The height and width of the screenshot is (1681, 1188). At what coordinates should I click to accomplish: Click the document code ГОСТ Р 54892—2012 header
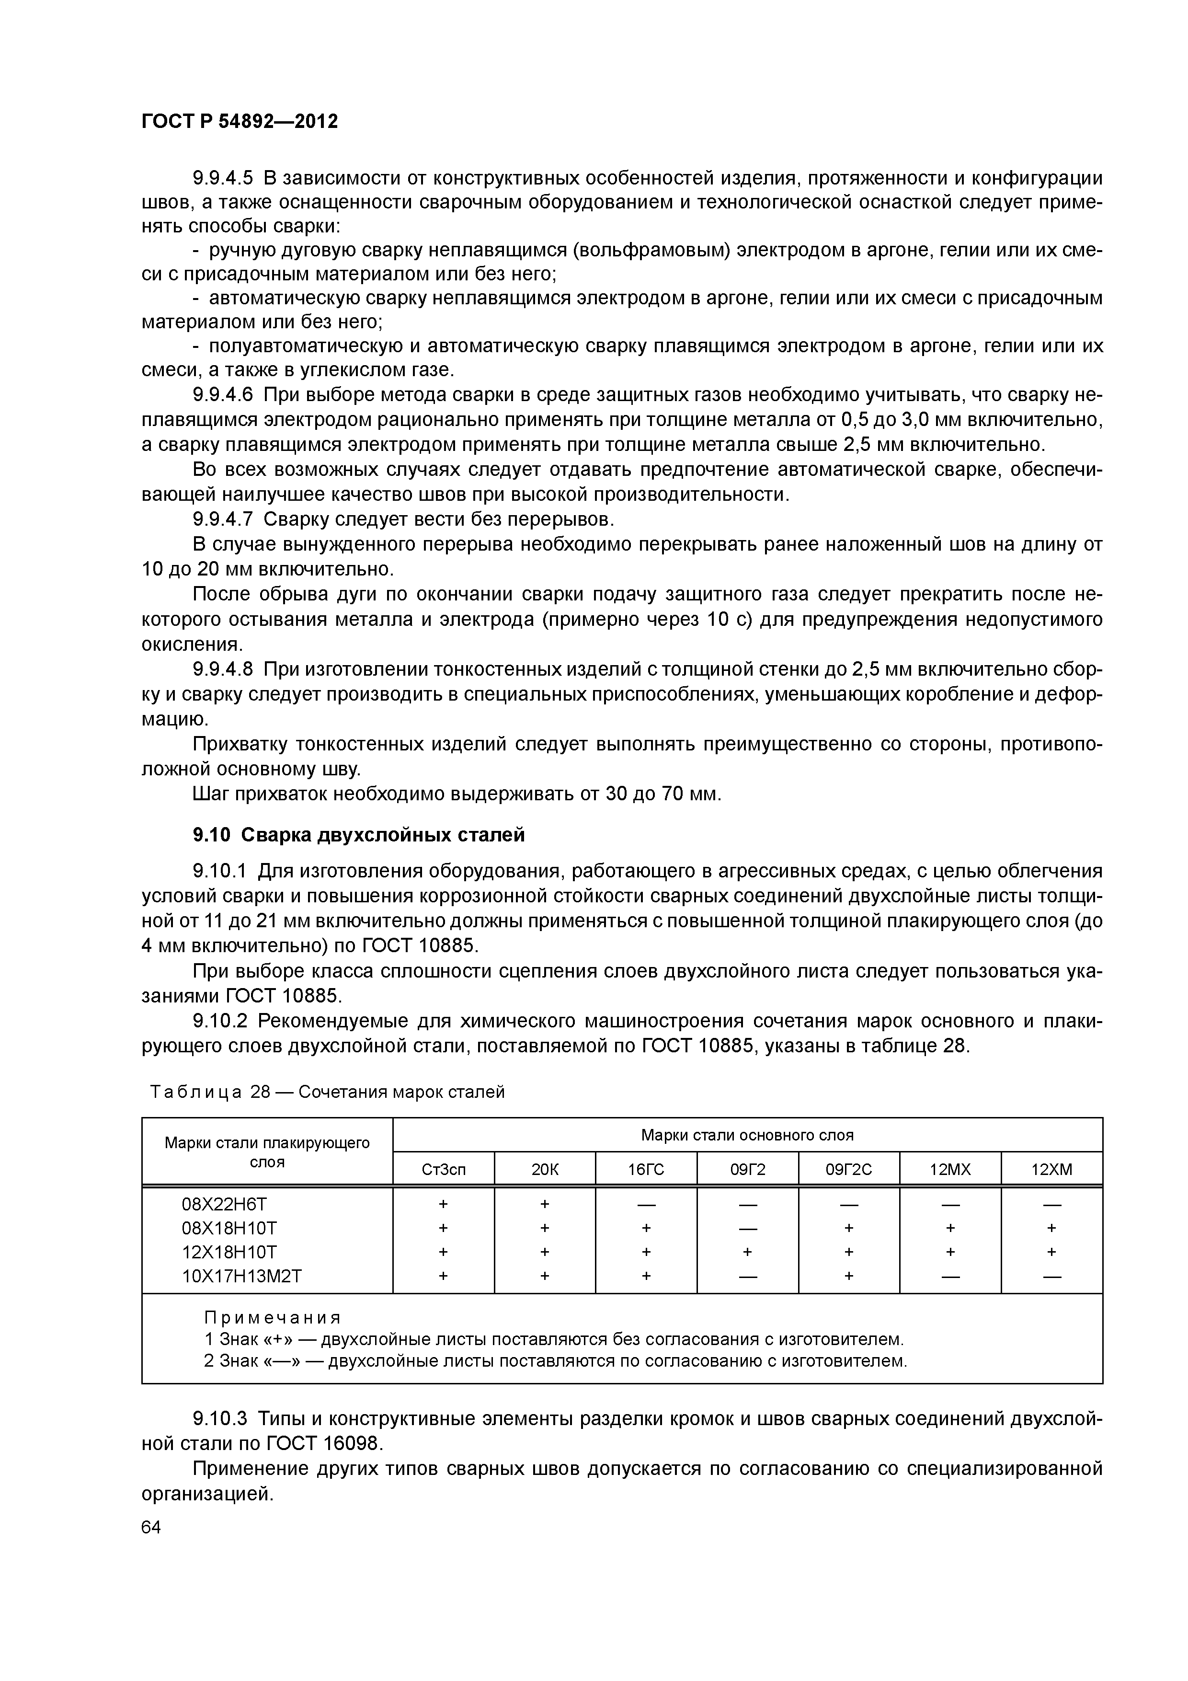pos(240,122)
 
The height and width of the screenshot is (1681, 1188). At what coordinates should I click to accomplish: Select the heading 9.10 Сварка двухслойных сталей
pos(359,835)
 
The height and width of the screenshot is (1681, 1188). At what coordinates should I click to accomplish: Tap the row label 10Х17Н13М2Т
pos(241,1276)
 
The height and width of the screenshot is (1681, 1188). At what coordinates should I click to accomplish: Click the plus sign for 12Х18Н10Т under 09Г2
pos(747,1253)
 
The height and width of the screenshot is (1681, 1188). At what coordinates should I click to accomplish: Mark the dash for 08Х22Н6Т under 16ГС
pos(646,1204)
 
